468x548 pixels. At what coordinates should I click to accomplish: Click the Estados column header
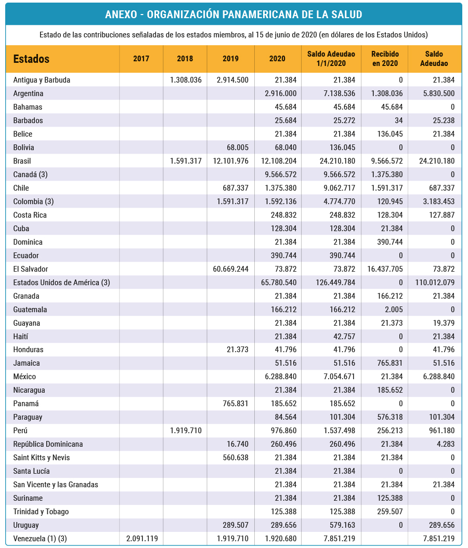point(31,59)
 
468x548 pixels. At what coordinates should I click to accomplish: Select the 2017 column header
point(141,59)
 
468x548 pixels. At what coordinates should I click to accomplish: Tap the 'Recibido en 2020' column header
point(385,59)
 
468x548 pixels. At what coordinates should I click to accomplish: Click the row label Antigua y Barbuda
point(42,80)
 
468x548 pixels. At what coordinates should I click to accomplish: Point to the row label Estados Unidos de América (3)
point(61,283)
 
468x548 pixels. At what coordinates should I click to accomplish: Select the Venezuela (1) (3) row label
point(40,539)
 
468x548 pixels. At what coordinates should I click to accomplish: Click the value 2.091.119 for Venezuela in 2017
point(142,539)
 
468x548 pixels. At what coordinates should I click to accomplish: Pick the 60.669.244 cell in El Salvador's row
point(230,269)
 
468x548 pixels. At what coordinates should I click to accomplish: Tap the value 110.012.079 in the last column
point(435,283)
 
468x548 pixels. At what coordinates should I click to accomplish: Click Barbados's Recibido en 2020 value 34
point(399,121)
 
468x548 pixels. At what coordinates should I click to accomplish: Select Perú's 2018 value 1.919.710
point(186,431)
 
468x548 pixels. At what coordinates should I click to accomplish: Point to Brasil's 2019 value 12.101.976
point(230,161)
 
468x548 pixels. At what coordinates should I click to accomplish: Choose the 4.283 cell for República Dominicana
point(445,444)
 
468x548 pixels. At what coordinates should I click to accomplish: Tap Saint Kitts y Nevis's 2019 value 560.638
point(236,458)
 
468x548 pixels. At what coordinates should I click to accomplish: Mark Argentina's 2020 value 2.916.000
point(280,93)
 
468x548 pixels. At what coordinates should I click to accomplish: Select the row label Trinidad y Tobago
point(41,512)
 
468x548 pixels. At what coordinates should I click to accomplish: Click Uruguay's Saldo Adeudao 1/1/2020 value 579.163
point(343,525)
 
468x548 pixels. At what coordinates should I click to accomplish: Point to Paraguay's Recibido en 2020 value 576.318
point(390,417)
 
